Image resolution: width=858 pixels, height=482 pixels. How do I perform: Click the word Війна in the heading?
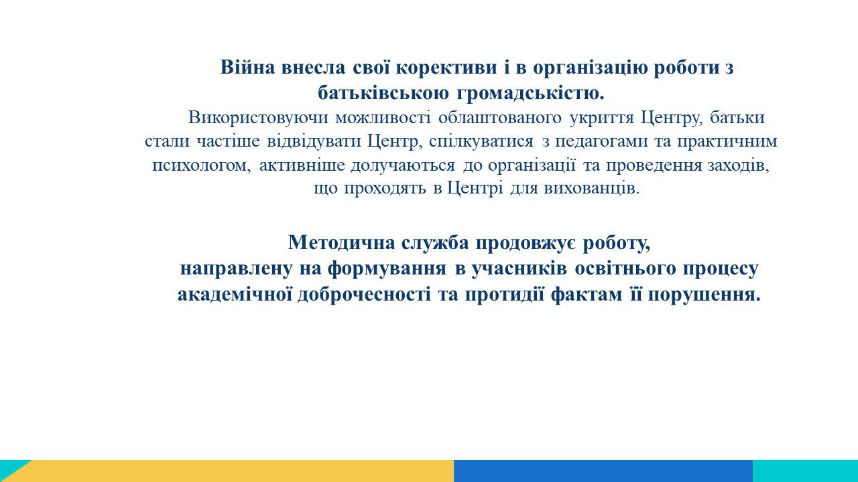(x=247, y=68)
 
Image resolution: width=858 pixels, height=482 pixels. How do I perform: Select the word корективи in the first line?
(x=446, y=68)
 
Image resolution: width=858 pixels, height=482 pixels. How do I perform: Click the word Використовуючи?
(x=258, y=118)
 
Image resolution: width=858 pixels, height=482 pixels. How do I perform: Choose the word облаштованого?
(x=500, y=118)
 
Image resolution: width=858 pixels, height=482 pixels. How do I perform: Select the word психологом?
(x=202, y=166)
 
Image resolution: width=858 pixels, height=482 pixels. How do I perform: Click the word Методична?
(x=341, y=242)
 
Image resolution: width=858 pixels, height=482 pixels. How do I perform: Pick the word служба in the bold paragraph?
(x=435, y=243)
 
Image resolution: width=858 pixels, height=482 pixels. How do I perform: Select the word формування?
(x=387, y=269)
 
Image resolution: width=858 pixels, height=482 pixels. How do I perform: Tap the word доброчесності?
(x=364, y=295)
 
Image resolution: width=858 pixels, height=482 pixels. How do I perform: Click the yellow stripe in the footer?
(x=237, y=471)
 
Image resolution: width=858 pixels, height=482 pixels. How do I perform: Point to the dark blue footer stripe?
(x=603, y=471)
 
